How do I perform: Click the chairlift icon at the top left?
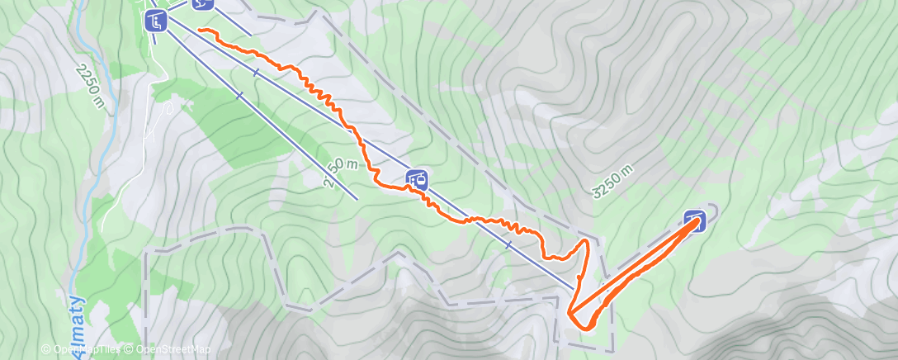coord(155,21)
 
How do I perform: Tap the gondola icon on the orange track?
coord(417,178)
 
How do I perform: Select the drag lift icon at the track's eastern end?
coord(695,220)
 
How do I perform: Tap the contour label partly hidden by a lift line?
coord(340,171)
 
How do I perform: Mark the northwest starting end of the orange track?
coord(200,31)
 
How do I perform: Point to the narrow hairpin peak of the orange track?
coord(587,240)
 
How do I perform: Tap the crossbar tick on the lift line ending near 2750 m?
coord(239,96)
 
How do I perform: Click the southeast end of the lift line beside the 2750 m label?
coord(357,199)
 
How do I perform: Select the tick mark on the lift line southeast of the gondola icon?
coord(508,245)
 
